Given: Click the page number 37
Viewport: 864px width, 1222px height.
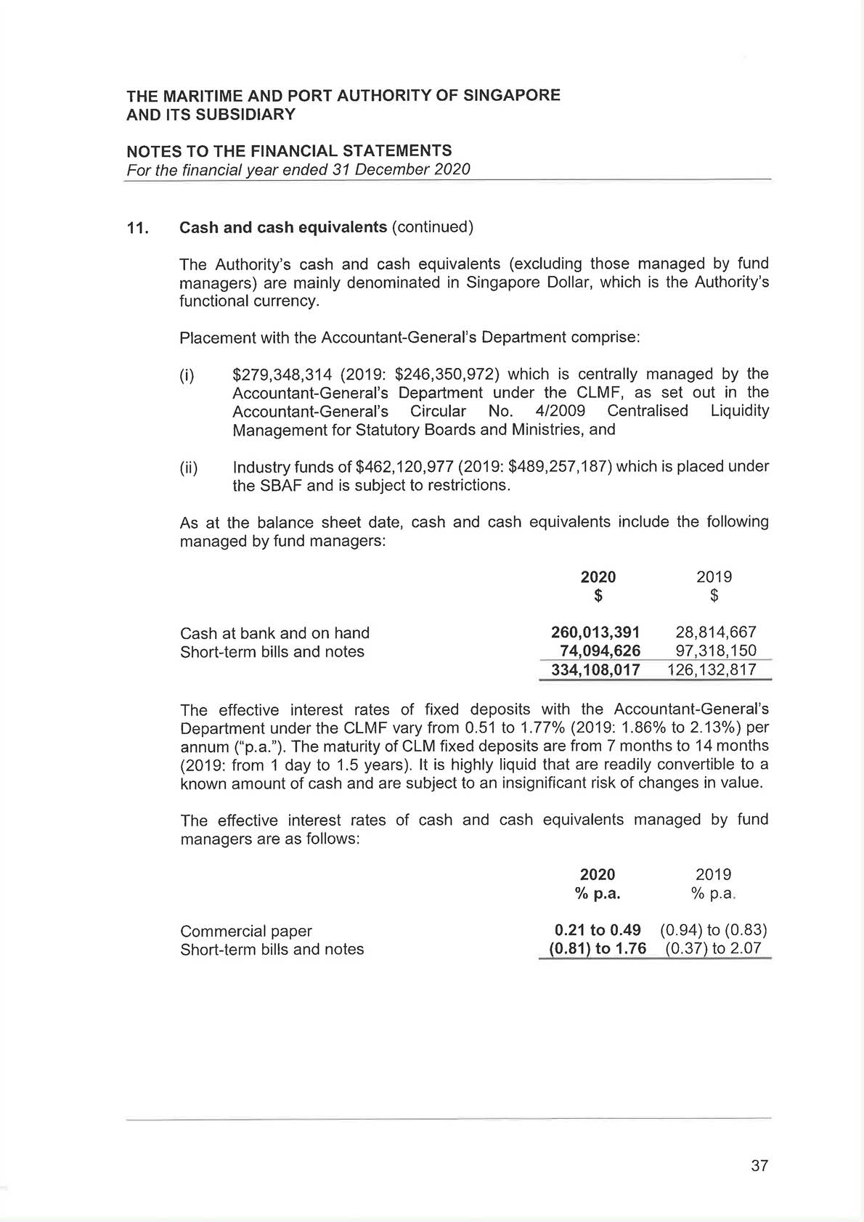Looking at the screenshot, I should pyautogui.click(x=759, y=1165).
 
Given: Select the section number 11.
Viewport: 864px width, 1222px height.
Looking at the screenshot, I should pyautogui.click(x=137, y=228).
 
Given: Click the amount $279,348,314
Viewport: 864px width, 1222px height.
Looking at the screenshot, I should pyautogui.click(x=282, y=374).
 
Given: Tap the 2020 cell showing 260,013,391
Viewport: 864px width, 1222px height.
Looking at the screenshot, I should pyautogui.click(x=595, y=632).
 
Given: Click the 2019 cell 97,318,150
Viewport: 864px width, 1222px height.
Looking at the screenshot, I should pyautogui.click(x=715, y=651).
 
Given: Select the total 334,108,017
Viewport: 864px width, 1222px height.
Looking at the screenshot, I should pyautogui.click(x=595, y=669).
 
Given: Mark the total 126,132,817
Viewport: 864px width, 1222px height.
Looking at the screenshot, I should pyautogui.click(x=712, y=669).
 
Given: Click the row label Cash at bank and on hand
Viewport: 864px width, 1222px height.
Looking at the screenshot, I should pyautogui.click(x=274, y=632).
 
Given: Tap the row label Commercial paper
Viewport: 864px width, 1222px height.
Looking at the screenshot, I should pyautogui.click(x=245, y=931).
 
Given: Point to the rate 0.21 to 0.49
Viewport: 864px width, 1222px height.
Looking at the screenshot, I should pyautogui.click(x=597, y=930).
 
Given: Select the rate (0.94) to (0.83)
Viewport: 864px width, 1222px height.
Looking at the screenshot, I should pyautogui.click(x=714, y=930).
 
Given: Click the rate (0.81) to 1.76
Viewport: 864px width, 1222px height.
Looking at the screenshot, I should pyautogui.click(x=597, y=949).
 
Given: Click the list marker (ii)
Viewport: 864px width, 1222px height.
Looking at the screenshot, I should pyautogui.click(x=188, y=467).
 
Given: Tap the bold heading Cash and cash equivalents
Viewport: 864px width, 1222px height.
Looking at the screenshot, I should pyautogui.click(x=283, y=227).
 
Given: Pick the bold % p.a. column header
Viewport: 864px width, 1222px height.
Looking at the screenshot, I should pyautogui.click(x=598, y=893).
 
